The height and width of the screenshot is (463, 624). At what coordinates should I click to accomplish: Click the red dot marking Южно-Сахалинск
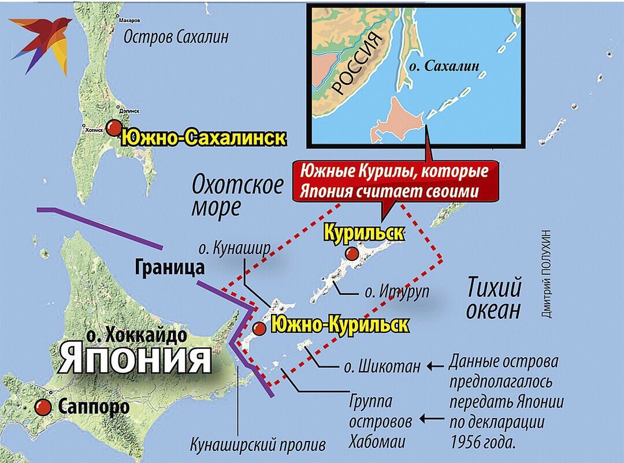[114, 128]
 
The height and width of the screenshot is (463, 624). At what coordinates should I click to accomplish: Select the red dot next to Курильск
[351, 254]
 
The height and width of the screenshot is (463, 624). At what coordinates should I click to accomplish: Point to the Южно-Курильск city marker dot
[259, 328]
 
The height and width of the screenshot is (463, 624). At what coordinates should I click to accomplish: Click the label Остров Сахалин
[176, 37]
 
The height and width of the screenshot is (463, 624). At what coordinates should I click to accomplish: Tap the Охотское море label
[237, 196]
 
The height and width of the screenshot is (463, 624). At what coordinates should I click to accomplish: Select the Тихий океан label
[493, 298]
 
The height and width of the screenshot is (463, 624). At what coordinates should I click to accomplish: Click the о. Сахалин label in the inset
[443, 66]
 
